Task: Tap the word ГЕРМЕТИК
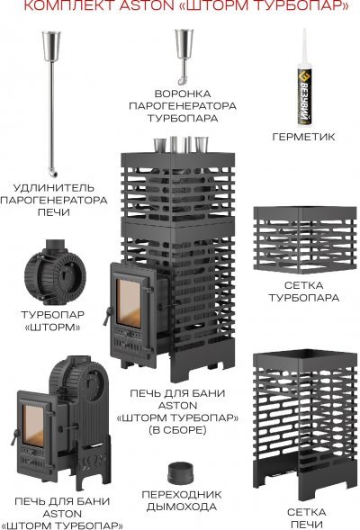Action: coord(303,137)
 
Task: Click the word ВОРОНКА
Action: coord(183,94)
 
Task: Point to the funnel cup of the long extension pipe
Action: coord(51,46)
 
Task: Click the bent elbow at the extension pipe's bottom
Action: coord(53,173)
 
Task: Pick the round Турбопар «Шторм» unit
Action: coord(55,273)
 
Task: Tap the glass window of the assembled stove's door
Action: coord(129,303)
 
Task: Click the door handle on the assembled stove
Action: coord(108,316)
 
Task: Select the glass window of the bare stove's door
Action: coord(33,426)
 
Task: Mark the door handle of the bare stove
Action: coord(14,437)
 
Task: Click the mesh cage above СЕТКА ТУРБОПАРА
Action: coord(305,239)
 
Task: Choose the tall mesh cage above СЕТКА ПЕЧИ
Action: coord(305,425)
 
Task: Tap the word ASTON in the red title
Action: coord(146,5)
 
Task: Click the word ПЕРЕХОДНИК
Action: coord(182,495)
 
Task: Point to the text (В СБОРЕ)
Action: coord(177,430)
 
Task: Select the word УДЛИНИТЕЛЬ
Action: coord(53,187)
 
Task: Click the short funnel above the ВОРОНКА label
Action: coord(184,56)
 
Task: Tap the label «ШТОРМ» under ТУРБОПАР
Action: coord(53,328)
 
